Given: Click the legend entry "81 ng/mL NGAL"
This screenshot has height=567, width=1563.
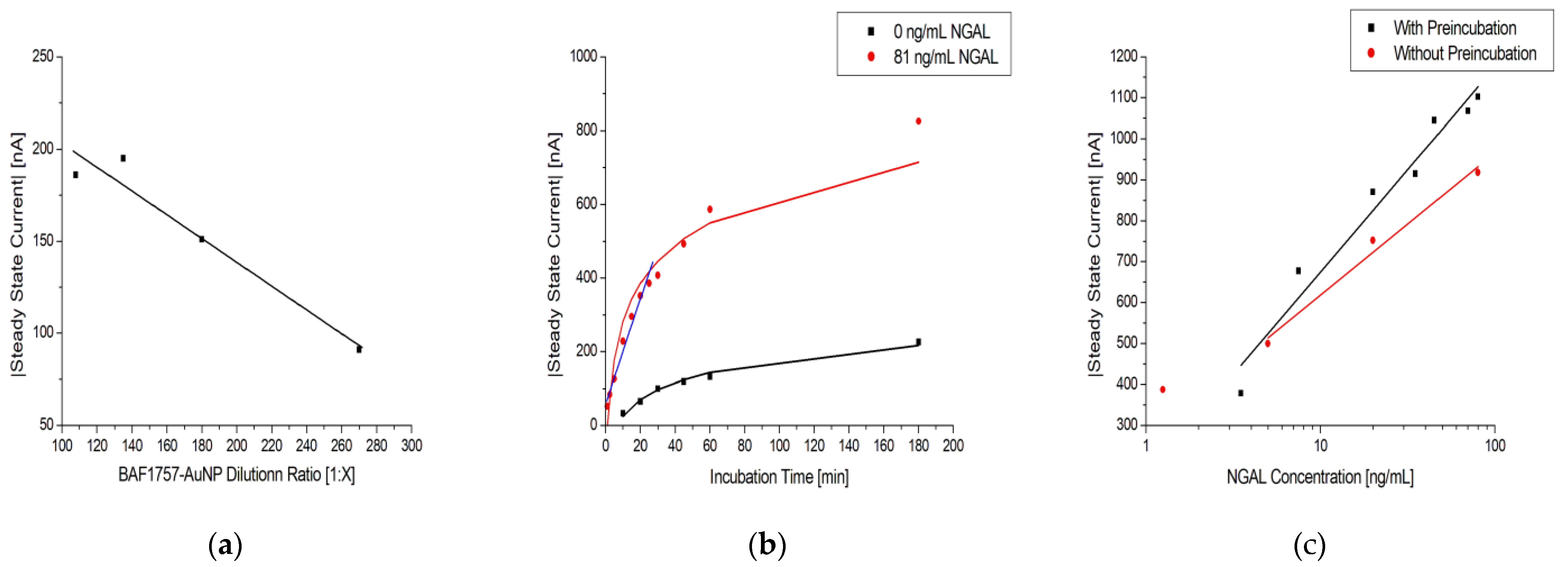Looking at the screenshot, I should [945, 57].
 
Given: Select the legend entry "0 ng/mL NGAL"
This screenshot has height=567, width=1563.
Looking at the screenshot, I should [941, 31].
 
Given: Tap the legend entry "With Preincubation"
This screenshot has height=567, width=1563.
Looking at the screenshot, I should [1454, 28].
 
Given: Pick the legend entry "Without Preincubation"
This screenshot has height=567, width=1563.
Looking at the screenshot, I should [1464, 53].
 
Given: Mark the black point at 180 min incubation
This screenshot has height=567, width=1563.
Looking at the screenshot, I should [918, 342].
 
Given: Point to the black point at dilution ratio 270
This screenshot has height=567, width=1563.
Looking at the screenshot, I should [358, 350].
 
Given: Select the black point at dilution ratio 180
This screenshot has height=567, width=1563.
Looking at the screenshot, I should [202, 239].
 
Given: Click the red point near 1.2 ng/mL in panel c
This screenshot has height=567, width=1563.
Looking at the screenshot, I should [1162, 390].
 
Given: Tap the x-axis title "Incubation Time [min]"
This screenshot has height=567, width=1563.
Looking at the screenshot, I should [779, 477].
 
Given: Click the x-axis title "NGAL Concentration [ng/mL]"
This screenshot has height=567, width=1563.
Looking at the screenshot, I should [1320, 477].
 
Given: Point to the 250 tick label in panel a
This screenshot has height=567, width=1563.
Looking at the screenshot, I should [43, 56].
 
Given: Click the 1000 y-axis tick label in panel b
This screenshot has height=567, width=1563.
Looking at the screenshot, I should [583, 56].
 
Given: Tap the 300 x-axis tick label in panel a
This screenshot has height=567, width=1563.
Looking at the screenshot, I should [411, 446].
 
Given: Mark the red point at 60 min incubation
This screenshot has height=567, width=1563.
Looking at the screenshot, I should [709, 209].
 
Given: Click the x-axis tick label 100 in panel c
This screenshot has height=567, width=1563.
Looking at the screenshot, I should [1494, 446].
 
